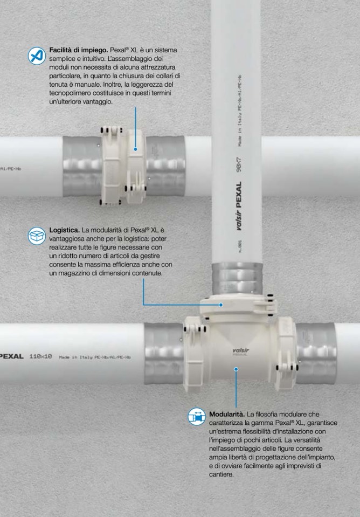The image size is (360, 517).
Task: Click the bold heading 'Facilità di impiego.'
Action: pyautogui.click(x=79, y=50)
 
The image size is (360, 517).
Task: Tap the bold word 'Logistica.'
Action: pyautogui.click(x=64, y=230)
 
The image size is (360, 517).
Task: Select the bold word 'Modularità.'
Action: pyautogui.click(x=227, y=414)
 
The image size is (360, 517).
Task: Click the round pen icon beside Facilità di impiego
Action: pyautogui.click(x=37, y=56)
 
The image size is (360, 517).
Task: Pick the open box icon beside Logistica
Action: pyautogui.click(x=37, y=236)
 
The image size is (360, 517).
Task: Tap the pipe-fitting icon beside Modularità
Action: pyautogui.click(x=197, y=416)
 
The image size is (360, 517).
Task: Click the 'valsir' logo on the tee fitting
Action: pyautogui.click(x=241, y=350)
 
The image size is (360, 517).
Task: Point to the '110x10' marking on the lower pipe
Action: pyautogui.click(x=40, y=356)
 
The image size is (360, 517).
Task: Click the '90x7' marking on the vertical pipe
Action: pyautogui.click(x=239, y=164)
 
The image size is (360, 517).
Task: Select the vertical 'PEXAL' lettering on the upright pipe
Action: pyautogui.click(x=239, y=195)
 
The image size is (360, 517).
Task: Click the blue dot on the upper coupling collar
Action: pyautogui.click(x=135, y=149)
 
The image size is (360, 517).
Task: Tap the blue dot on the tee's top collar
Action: pyautogui.click(x=221, y=305)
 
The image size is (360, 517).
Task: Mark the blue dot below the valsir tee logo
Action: pyautogui.click(x=236, y=369)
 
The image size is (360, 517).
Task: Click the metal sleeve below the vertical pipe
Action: pyautogui.click(x=237, y=278)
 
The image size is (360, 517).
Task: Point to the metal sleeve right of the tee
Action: pyautogui.click(x=316, y=353)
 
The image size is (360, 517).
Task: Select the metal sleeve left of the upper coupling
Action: pyautogui.click(x=82, y=166)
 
